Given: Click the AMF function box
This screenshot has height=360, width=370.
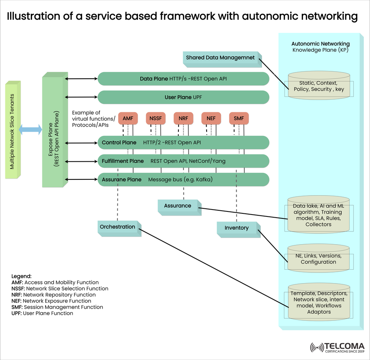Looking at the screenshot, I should coord(128,118).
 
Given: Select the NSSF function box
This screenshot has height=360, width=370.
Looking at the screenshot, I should coord(156,118).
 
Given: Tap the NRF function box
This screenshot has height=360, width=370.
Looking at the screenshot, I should coord(183,118).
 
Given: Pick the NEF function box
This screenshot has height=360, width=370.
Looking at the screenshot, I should coord(211,118).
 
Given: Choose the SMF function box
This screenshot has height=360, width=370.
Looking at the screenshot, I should coord(239,118).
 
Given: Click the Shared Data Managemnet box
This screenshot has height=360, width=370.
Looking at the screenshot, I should coord(220,58).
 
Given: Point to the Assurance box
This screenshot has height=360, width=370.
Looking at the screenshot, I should coord(178,206).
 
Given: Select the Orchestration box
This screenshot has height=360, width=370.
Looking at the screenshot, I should coord(118,227).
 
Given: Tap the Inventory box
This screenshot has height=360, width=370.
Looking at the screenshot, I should coord(237,228).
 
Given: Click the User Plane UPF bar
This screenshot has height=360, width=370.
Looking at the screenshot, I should coord(183,98).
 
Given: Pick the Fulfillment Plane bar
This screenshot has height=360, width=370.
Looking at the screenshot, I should coord(183,161).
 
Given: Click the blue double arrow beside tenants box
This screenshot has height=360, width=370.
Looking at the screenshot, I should coord(30,130).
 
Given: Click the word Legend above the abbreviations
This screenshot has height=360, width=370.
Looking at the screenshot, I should coord(22,276).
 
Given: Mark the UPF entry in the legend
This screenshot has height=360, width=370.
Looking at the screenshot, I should coord(42,313).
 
